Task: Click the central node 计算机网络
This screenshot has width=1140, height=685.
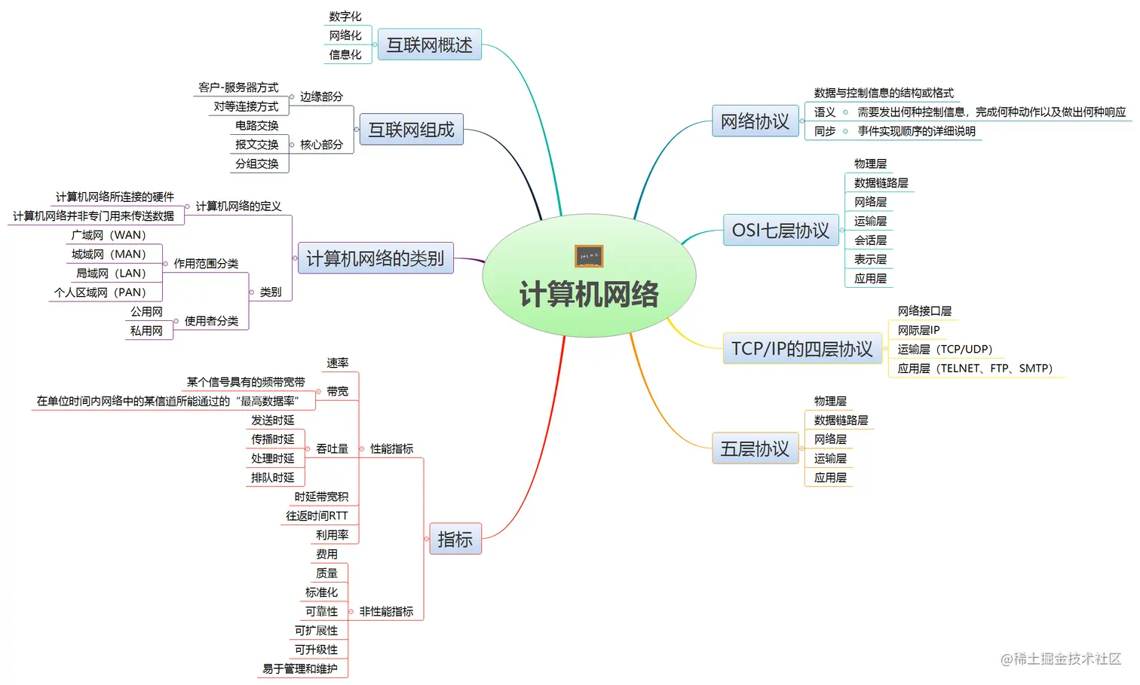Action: [589, 293]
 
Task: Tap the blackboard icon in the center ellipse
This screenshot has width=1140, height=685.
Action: [588, 256]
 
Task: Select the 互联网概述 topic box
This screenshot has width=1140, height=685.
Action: [429, 44]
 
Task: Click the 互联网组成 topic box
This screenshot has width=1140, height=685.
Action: [411, 130]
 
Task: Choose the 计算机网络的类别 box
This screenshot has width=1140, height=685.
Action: [375, 258]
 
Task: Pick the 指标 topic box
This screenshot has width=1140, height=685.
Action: [455, 540]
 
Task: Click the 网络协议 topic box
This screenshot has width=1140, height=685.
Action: [754, 121]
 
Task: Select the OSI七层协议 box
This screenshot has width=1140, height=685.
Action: [780, 230]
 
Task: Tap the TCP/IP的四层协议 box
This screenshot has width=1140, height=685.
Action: [801, 349]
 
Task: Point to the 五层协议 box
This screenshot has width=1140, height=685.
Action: [754, 449]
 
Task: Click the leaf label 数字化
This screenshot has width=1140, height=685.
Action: [345, 17]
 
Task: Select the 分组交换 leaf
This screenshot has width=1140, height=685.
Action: [256, 164]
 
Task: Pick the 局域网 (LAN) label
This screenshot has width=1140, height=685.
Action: [111, 274]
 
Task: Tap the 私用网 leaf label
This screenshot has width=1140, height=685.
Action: [146, 331]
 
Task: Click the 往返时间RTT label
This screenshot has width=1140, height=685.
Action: [317, 515]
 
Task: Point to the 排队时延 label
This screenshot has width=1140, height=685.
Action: [273, 478]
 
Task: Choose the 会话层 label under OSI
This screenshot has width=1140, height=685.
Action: [870, 240]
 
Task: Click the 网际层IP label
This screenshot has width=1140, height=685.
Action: [918, 330]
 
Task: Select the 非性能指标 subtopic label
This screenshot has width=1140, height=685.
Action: [386, 611]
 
